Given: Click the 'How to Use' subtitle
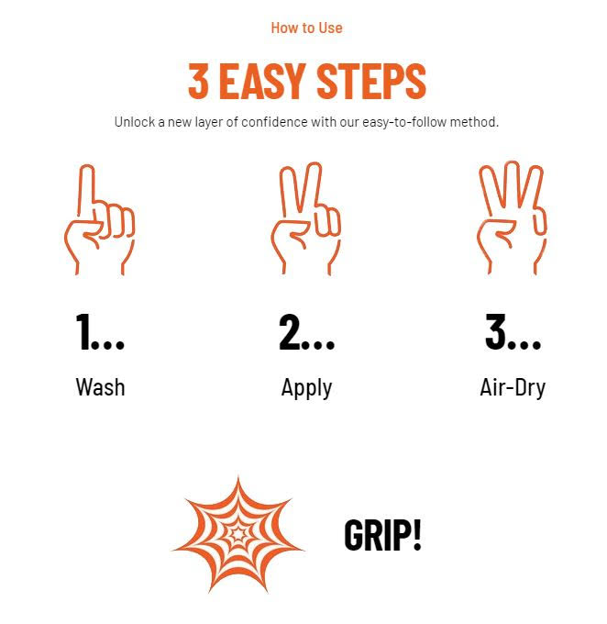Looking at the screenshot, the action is point(306,28).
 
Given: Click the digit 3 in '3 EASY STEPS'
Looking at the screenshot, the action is point(198,81).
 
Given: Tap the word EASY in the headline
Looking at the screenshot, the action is point(262,81).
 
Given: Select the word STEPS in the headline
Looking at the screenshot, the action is point(371,81).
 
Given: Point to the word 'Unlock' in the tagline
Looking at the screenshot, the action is point(135,122).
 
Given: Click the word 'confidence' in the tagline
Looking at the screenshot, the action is point(274,122).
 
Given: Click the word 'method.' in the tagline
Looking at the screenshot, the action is point(474,122).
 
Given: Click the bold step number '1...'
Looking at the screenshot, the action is point(100,331).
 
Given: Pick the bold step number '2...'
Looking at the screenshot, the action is point(306,331).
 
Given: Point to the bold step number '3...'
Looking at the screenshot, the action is point(513,331).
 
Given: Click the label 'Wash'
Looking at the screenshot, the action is point(100,387).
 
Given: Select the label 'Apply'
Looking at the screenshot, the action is point(306,388).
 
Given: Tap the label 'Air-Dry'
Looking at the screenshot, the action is point(513,388).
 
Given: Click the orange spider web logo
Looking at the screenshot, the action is point(237,534).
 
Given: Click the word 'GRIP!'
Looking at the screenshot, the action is point(382,535).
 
